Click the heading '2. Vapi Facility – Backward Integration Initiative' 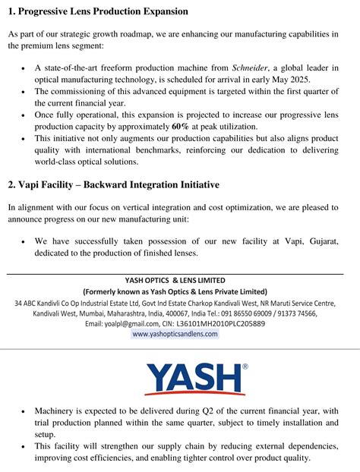click(113, 184)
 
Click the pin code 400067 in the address click(188, 313)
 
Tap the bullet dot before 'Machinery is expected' click(23, 411)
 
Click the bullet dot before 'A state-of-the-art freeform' click(23, 68)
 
